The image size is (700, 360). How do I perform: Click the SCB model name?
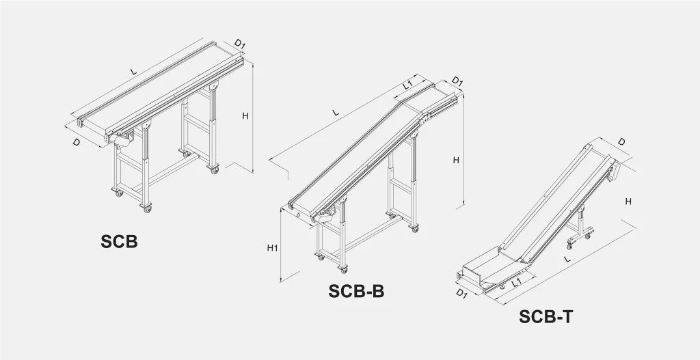119,241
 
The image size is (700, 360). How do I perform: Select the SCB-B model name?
356,291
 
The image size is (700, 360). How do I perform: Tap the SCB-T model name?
546,316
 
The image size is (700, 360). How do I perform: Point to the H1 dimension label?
272,247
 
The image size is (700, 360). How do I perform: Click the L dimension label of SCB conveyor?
133,71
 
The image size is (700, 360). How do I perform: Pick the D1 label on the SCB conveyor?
240,44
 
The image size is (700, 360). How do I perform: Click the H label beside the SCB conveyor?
245,116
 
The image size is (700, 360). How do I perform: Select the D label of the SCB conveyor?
77,142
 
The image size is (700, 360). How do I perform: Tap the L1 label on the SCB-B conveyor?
408,85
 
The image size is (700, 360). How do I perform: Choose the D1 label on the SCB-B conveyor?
457,82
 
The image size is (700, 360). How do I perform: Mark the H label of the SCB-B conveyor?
456,160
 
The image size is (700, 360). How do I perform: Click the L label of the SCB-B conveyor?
336,113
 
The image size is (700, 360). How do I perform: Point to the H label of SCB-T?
628,202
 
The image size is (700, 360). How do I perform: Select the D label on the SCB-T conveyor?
621,142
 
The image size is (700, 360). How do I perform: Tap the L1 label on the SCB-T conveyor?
517,281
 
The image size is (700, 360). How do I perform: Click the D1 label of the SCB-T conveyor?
461,294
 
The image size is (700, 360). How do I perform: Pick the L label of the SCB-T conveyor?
567,259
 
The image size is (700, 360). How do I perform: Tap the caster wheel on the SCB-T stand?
569,246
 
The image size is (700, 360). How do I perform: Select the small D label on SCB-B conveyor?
298,215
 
